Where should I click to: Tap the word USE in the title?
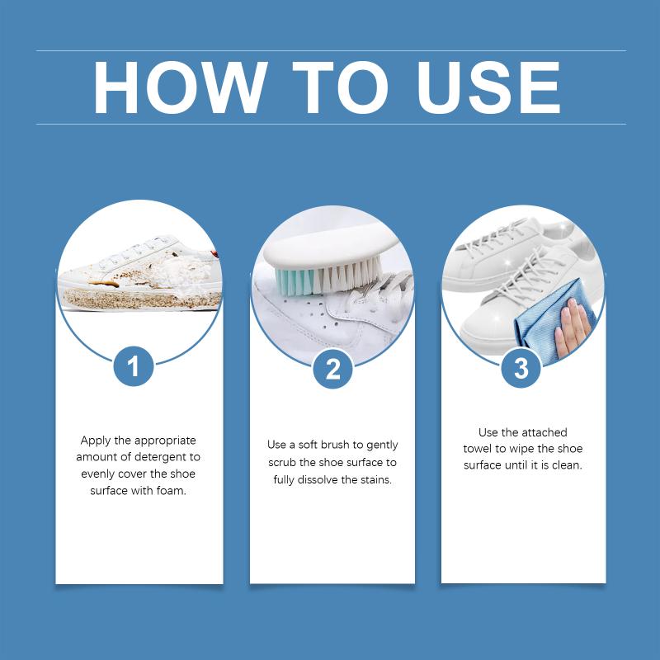pos(488,87)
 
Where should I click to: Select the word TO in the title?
pos(340,87)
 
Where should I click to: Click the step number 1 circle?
pos(134,365)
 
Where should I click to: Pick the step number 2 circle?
pos(332,369)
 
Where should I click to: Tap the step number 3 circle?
pos(521,369)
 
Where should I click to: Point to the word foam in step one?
pos(171,490)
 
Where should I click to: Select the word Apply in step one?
pos(96,441)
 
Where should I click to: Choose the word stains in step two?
pos(376,479)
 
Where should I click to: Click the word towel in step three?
pos(478,449)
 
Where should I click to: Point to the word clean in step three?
pos(567,465)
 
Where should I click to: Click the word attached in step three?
pos(544,432)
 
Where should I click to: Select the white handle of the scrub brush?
pos(331,248)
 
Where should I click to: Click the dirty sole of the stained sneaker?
pos(142,299)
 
